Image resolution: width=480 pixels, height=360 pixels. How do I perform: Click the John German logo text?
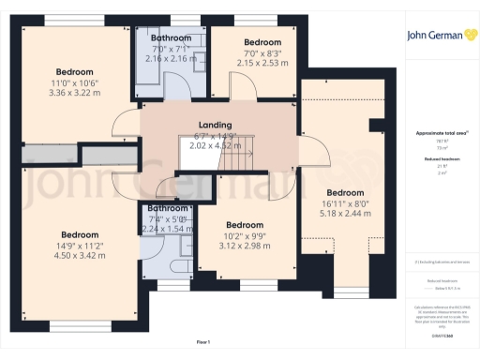point(441,37)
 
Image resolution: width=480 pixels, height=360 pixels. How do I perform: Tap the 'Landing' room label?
point(215,125)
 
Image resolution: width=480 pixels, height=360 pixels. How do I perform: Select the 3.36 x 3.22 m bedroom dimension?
point(74,93)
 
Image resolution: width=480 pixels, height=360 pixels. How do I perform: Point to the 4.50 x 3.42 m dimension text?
point(80,255)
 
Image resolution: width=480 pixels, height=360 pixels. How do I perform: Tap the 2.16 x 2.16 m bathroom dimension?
point(172,58)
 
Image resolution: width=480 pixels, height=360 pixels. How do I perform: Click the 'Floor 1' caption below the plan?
point(203,343)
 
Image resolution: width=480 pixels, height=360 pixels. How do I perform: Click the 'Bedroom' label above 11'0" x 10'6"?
point(74,72)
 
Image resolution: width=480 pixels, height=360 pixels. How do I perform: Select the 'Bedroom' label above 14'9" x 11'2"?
point(80,234)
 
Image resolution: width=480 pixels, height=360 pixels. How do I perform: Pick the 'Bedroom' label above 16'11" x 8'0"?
point(344,192)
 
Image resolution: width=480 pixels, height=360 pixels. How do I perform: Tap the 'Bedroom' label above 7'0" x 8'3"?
point(262,42)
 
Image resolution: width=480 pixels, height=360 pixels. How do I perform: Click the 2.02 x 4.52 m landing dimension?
point(215,145)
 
